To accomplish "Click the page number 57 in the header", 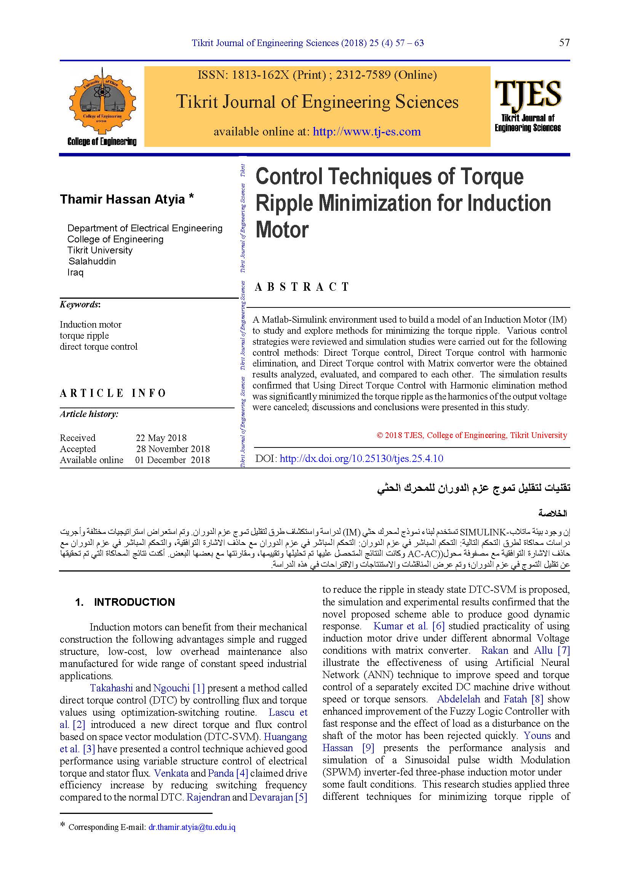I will (564, 43).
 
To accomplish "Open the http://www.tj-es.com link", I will (366, 132).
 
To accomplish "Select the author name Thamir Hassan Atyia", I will (122, 199).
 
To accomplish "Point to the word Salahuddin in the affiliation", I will (92, 261).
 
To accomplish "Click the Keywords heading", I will (80, 304).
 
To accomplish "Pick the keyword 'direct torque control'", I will (99, 347).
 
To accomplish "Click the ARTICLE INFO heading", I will (113, 393).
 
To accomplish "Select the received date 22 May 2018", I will (161, 438).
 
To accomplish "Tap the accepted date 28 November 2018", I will (173, 449).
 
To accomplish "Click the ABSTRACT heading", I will (302, 287).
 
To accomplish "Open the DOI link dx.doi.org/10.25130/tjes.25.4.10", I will (361, 459).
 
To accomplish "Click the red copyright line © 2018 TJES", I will (472, 435).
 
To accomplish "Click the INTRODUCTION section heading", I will (134, 602).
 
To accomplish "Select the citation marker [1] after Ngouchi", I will (198, 688).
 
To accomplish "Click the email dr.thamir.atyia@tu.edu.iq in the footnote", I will (192, 827).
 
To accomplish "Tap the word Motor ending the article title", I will (282, 230).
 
